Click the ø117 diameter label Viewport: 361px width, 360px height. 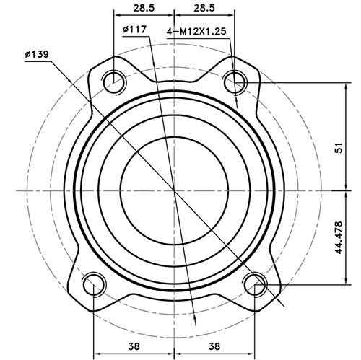(136, 29)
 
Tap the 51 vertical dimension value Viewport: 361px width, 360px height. (338, 149)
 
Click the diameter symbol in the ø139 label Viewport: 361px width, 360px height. (27, 55)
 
